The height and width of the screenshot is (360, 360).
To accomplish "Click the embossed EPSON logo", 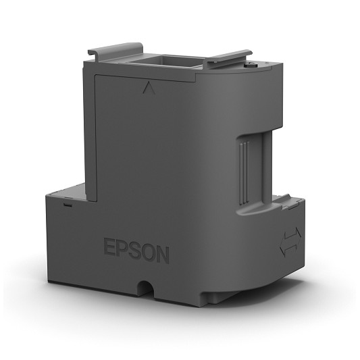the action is [x=136, y=251].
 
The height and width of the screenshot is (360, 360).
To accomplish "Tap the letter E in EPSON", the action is [x=109, y=246].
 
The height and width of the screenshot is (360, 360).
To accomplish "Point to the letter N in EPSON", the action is [x=163, y=255].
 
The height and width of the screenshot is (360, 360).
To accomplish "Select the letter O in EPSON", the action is [x=148, y=252].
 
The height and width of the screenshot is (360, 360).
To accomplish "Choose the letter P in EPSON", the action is [x=122, y=247].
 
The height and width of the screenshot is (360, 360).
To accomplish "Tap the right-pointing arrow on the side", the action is [x=295, y=234].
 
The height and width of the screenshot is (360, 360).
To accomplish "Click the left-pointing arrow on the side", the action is [x=288, y=249].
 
